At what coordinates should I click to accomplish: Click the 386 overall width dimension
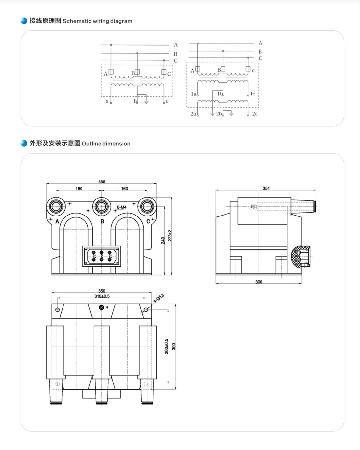102,182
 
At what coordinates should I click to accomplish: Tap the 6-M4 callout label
122,207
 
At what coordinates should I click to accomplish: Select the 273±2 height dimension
170,235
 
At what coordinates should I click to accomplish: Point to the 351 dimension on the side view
266,188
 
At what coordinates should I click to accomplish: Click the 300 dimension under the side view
259,282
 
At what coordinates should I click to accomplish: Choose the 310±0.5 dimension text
102,296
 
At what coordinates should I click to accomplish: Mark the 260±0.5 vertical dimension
166,346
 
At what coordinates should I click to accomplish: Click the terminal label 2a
193,114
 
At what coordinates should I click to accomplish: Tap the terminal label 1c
252,94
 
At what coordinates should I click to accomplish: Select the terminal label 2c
255,114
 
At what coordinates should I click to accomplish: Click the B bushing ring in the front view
101,206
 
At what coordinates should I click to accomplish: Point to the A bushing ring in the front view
56,206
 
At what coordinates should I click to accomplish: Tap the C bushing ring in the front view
147,206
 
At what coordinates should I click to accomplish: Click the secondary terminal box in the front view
101,256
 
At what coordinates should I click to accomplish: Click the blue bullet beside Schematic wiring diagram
24,21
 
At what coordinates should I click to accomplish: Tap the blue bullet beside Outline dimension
24,143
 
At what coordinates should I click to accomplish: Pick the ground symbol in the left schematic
146,102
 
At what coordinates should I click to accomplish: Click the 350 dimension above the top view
102,291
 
